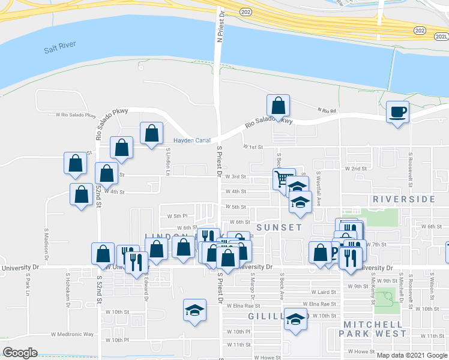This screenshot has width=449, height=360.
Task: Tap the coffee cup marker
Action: (397, 112)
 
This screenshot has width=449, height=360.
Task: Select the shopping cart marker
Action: (282, 178)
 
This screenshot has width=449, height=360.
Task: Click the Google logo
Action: (20, 353)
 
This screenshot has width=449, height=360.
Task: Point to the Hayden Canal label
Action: (192, 140)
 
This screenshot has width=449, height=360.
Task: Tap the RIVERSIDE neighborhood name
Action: (403, 199)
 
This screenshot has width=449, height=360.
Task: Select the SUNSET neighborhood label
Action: (279, 227)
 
